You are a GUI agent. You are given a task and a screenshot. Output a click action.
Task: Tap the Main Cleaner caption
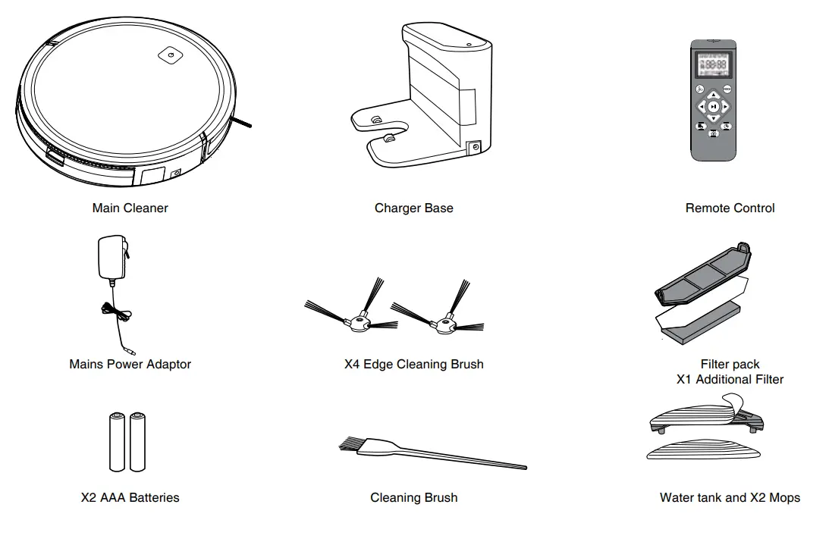(130, 208)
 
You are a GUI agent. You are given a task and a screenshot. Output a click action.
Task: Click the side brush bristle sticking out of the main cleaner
(242, 122)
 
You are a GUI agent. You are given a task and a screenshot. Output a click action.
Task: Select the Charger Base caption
(413, 208)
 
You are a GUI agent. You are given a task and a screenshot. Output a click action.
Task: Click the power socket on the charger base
(476, 149)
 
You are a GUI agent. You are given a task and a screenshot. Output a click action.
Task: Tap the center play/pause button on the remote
(713, 107)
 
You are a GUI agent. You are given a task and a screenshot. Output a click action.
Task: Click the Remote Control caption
(730, 208)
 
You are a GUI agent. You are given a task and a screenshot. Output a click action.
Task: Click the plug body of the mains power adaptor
(107, 258)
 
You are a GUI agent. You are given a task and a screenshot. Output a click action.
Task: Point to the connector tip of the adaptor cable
(131, 351)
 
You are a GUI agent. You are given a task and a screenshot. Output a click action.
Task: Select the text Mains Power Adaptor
(130, 364)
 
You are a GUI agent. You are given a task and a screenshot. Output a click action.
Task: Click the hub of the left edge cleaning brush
(357, 324)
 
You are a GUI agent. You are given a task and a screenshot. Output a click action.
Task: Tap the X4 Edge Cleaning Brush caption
(413, 364)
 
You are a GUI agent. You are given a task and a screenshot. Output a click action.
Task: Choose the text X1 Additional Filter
(730, 379)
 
